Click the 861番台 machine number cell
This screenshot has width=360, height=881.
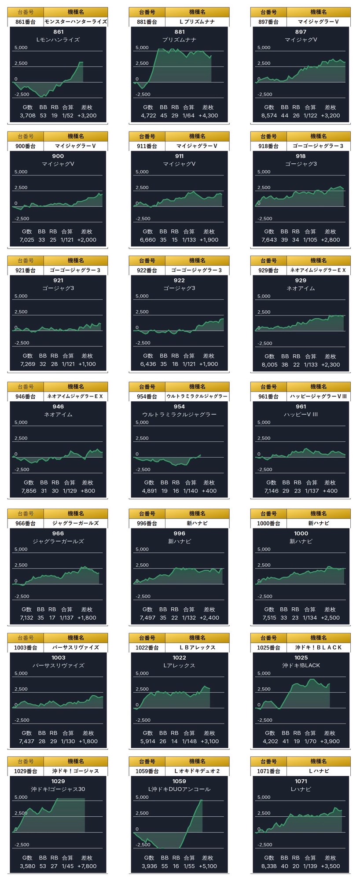click(26, 21)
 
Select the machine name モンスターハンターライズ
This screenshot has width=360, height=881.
click(75, 21)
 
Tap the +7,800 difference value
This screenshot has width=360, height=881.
click(87, 866)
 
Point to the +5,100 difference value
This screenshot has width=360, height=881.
click(208, 866)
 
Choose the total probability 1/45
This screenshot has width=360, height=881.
click(68, 866)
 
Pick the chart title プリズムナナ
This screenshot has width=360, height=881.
click(179, 40)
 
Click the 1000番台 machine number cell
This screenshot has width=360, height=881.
click(268, 523)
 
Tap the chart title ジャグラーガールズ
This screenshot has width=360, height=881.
click(58, 541)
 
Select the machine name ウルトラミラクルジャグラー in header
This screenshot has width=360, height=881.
click(197, 396)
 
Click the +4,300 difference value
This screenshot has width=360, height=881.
click(208, 116)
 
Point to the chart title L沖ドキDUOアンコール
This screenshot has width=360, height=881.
click(179, 789)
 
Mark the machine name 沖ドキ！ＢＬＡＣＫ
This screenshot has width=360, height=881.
click(318, 647)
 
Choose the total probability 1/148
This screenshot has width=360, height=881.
click(189, 742)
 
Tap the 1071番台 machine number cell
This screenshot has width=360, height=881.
click(268, 771)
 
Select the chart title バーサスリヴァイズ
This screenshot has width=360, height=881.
click(58, 665)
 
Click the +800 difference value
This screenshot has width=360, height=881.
click(88, 491)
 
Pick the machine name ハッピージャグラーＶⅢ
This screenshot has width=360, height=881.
click(318, 396)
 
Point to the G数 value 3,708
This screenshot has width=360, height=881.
click(27, 116)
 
